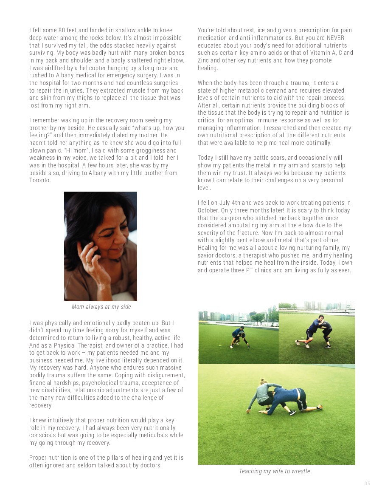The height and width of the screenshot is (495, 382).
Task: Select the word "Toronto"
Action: pyautogui.click(x=40, y=180)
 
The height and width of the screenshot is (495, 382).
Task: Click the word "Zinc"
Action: pyautogui.click(x=205, y=60)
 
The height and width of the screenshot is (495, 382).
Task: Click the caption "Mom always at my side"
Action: pyautogui.click(x=101, y=307)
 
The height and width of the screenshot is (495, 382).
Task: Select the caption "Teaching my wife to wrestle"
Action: pyautogui.click(x=274, y=471)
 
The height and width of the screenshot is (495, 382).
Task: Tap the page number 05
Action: pyautogui.click(x=367, y=484)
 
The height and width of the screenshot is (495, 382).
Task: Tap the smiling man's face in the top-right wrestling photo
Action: pyautogui.click(x=319, y=320)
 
